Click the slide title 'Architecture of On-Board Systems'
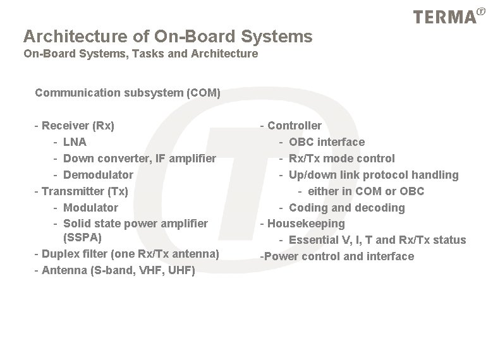click(x=167, y=37)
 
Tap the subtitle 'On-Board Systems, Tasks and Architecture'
click(x=140, y=54)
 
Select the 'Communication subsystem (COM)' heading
click(x=128, y=93)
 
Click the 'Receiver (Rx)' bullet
click(x=78, y=126)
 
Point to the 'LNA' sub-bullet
click(x=75, y=142)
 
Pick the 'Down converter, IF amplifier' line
click(x=139, y=159)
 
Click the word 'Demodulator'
click(x=98, y=175)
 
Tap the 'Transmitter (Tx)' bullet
click(x=85, y=191)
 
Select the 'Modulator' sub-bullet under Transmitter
click(x=90, y=207)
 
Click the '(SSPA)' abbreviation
click(x=82, y=238)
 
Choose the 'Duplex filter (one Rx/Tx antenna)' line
click(x=130, y=254)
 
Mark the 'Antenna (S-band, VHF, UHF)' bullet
click(x=118, y=270)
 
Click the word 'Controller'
click(x=295, y=126)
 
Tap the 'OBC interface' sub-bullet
click(x=326, y=142)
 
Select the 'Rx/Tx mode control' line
click(x=341, y=159)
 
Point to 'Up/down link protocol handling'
click(x=373, y=175)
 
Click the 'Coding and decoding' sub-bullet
click(x=346, y=208)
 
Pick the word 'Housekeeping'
click(x=306, y=224)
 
